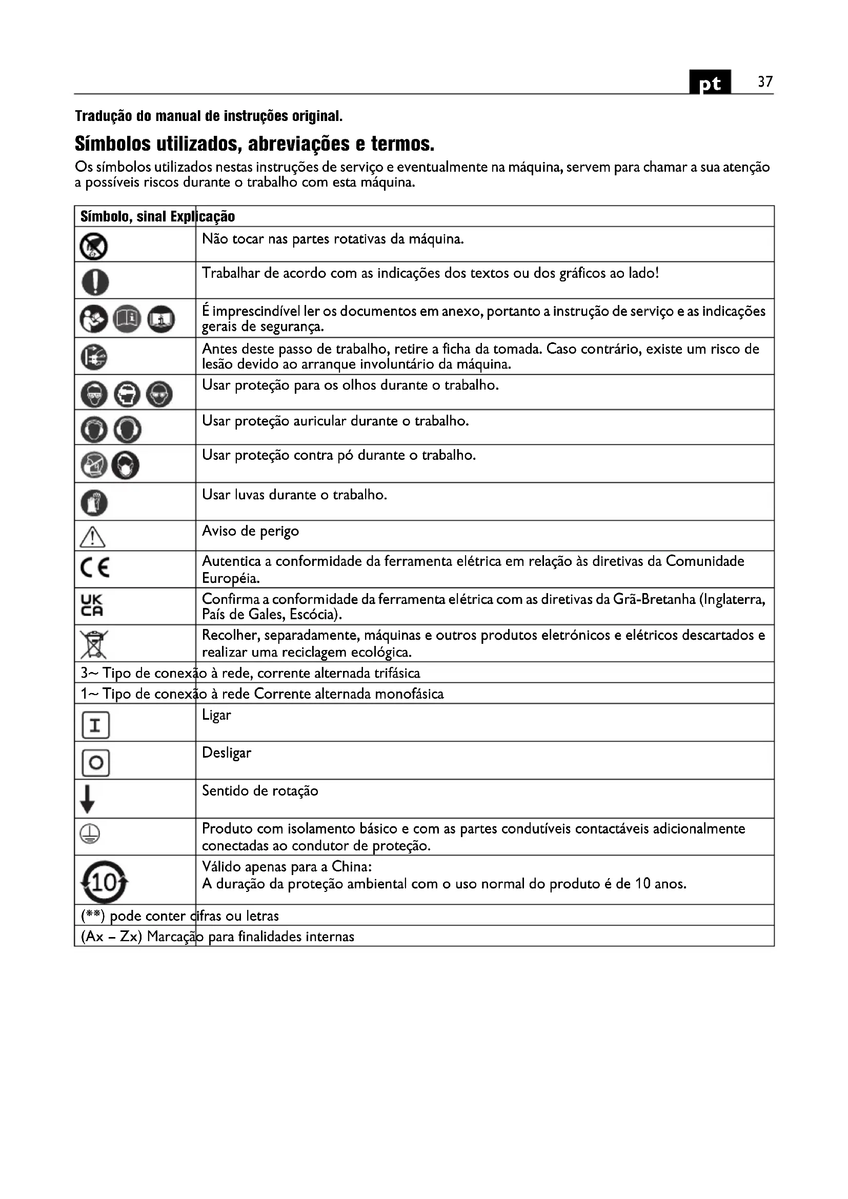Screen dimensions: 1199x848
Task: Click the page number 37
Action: [765, 82]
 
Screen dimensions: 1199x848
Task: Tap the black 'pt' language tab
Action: [710, 83]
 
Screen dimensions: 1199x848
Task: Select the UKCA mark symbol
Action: [92, 605]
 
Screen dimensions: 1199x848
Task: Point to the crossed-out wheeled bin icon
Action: [94, 644]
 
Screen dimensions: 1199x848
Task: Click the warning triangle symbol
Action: [93, 536]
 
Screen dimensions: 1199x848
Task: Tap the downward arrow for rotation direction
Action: [88, 799]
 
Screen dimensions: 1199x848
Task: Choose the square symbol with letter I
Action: [95, 725]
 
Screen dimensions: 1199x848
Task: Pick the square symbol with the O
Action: [95, 763]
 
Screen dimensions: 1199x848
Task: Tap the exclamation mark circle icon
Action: [95, 282]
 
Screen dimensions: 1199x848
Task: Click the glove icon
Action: [94, 503]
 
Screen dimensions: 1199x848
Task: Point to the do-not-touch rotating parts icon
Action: [94, 247]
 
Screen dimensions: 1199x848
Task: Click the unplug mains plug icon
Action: [94, 357]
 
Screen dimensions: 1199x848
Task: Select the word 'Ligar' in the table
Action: [216, 715]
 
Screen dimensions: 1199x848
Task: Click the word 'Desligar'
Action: [226, 753]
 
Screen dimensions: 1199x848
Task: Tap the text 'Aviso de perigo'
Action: [250, 531]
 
